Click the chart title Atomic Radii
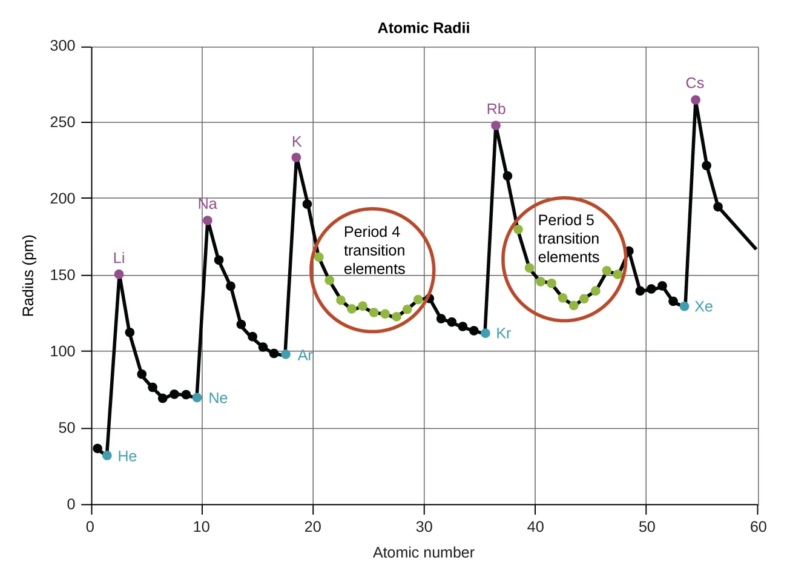(x=423, y=28)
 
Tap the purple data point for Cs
(x=695, y=100)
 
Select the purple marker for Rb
(x=496, y=126)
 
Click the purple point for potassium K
(x=296, y=157)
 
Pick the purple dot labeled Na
(x=208, y=220)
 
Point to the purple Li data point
(x=119, y=274)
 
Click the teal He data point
(x=107, y=455)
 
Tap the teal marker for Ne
(x=197, y=398)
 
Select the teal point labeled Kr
(x=486, y=333)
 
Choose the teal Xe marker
(x=684, y=306)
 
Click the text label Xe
(x=703, y=306)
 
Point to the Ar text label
(x=305, y=356)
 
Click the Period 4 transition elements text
(x=374, y=250)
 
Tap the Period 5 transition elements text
(x=568, y=239)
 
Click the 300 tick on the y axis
(x=63, y=46)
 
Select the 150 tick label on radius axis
(x=63, y=275)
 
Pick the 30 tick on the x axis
(x=424, y=527)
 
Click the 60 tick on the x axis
(x=758, y=527)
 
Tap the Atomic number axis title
(x=423, y=552)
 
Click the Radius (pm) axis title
(x=28, y=276)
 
